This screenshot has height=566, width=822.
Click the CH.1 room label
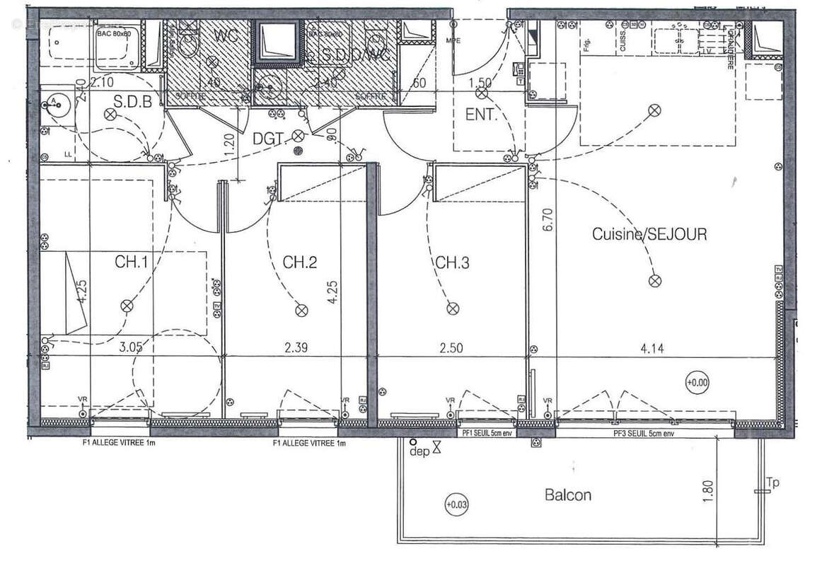132,262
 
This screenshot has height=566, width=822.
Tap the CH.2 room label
300,262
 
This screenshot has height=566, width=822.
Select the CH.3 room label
452,262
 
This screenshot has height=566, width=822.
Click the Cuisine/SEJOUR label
649,234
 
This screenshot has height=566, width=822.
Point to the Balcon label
568,495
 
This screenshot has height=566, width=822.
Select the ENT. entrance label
481,115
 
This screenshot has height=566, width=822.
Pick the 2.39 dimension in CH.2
296,347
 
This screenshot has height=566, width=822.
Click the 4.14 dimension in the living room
652,347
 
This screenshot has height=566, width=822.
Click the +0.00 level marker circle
697,382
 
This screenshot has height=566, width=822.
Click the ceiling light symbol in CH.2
301,309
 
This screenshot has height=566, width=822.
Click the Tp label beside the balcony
772,483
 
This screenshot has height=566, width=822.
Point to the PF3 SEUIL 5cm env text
644,433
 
